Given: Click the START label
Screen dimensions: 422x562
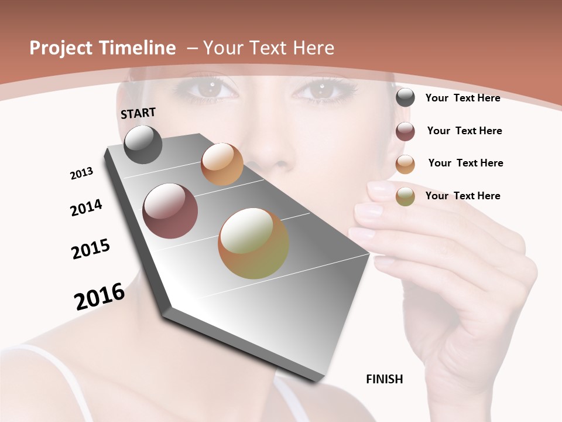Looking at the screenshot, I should tap(138, 113).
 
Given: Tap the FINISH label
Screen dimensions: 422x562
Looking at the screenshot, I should tap(385, 379).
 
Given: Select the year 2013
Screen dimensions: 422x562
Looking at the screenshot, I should tap(81, 173).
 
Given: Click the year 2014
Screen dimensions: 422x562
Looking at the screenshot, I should tap(86, 208).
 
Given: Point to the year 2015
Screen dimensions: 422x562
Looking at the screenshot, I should tap(91, 249).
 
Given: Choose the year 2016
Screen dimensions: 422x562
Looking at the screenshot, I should tap(100, 297).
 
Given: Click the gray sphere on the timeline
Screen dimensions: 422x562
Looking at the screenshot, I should tap(143, 145).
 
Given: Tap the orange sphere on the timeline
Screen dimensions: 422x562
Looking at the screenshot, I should tap(222, 164).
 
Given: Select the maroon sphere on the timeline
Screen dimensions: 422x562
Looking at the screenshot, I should tap(170, 211).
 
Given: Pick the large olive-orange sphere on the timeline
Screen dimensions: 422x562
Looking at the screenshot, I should tap(253, 243).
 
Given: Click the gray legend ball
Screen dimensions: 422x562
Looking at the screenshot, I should tap(405, 98).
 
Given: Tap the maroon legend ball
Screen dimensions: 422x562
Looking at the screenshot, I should tap(405, 131).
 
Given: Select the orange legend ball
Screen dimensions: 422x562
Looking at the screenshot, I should tap(405, 164).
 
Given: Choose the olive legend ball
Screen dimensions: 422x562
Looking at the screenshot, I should tap(405, 197).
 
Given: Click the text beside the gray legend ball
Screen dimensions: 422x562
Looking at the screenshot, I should tap(462, 98).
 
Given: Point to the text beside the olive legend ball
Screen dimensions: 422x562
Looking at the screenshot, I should tap(462, 196).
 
